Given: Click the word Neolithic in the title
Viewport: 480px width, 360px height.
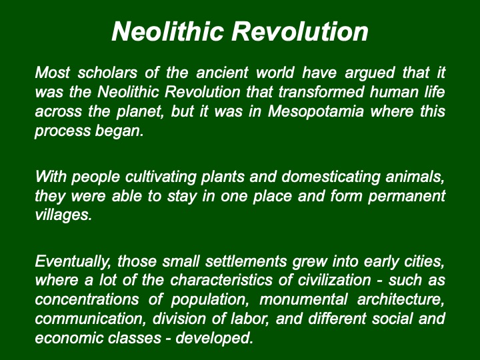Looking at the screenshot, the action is (x=167, y=31).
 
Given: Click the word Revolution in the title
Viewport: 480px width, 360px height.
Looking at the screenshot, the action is (x=300, y=31).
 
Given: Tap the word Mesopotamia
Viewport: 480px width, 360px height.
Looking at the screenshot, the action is (x=315, y=111).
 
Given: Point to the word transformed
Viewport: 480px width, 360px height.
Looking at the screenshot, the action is (x=321, y=92).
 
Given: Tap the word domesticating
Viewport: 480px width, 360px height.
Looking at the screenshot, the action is (x=331, y=177).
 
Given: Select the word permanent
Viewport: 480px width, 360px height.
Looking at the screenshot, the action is (x=407, y=197).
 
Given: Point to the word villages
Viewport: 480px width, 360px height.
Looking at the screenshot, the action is (x=63, y=215).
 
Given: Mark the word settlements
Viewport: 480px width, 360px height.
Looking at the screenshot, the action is (x=246, y=261).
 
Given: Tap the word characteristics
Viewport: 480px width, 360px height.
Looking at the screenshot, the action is (x=221, y=281).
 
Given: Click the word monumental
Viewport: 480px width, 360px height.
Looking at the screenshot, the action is (x=303, y=300).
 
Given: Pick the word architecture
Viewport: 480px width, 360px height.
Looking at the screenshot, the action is (x=401, y=300).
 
